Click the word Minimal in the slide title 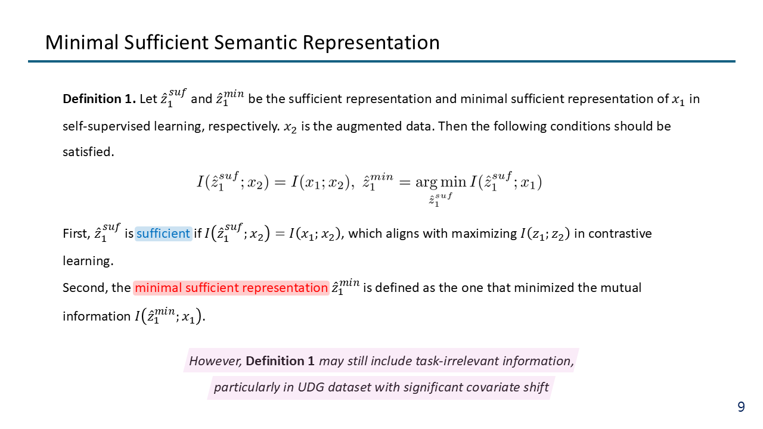click(x=82, y=42)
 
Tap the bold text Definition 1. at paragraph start click(x=99, y=99)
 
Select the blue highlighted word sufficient click(x=163, y=234)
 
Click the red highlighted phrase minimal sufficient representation click(x=231, y=288)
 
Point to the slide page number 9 click(x=741, y=407)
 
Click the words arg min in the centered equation click(x=441, y=182)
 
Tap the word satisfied click(x=88, y=152)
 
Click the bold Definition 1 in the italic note click(x=280, y=361)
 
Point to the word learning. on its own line click(x=88, y=261)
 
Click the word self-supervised click(x=106, y=126)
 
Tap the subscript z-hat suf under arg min click(x=441, y=200)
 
